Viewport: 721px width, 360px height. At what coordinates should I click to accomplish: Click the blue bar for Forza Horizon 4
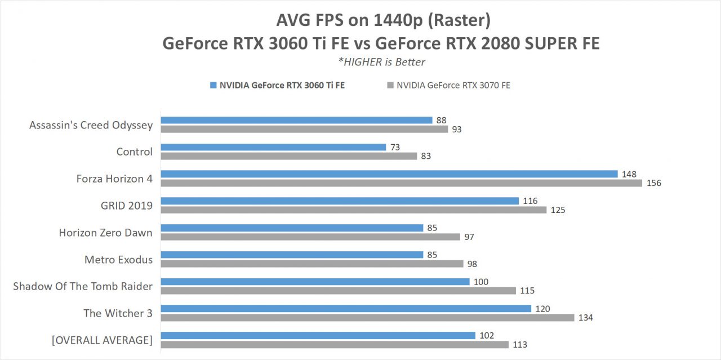(x=389, y=174)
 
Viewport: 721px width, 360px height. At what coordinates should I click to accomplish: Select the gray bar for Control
(x=288, y=156)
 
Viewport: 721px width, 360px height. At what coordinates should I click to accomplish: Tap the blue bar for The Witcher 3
(x=345, y=308)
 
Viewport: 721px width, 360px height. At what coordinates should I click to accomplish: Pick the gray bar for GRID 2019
(x=353, y=210)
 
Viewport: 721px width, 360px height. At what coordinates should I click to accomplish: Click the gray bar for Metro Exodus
(x=311, y=264)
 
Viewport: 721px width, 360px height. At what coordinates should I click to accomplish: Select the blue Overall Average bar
(x=318, y=335)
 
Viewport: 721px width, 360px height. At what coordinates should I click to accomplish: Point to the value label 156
(x=654, y=183)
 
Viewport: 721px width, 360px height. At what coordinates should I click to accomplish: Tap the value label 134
(x=586, y=318)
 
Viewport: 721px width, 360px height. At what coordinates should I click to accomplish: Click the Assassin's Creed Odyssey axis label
(x=91, y=125)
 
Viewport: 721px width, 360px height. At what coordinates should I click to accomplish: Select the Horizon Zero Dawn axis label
(x=105, y=233)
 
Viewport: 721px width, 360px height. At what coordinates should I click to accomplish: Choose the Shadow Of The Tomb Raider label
(x=83, y=286)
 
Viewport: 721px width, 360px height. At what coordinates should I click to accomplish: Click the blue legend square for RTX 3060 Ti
(x=213, y=86)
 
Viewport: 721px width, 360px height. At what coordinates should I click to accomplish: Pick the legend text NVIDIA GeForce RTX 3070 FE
(x=453, y=86)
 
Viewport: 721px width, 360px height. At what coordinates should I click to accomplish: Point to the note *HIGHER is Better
(x=382, y=62)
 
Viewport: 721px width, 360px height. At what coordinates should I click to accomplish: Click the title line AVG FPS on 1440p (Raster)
(x=383, y=21)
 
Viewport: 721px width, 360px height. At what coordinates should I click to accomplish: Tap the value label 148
(x=630, y=174)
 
